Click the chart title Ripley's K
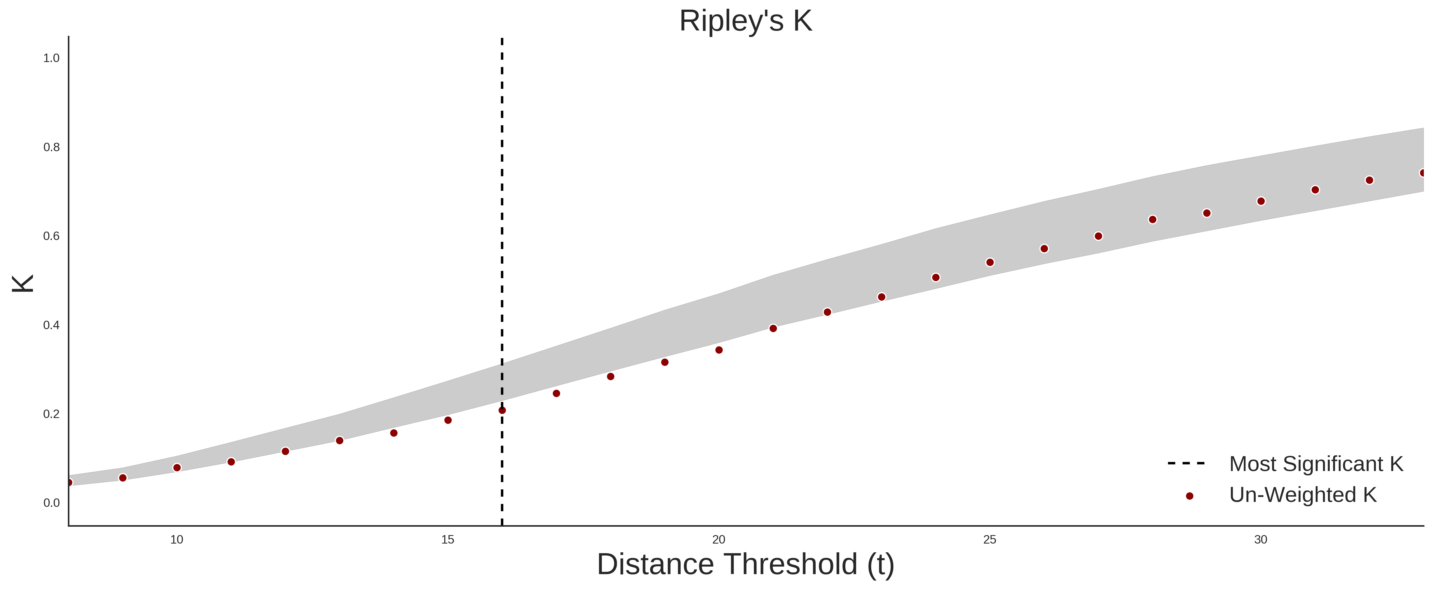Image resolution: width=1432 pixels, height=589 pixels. pyautogui.click(x=745, y=21)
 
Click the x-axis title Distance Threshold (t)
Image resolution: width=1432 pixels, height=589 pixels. pyautogui.click(x=745, y=565)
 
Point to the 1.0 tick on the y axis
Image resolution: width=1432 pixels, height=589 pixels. pyautogui.click(x=51, y=58)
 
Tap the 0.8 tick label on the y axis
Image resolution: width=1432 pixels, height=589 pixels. pyautogui.click(x=51, y=147)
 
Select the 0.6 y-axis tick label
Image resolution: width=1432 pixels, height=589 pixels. pyautogui.click(x=51, y=236)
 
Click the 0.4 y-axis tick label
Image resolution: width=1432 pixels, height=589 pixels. pyautogui.click(x=51, y=325)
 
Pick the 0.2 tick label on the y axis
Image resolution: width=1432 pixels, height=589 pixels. pyautogui.click(x=51, y=414)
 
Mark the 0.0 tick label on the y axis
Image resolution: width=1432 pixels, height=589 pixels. pyautogui.click(x=51, y=503)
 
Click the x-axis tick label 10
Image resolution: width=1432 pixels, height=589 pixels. pyautogui.click(x=177, y=539)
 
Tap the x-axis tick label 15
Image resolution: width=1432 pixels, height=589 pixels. pyautogui.click(x=448, y=539)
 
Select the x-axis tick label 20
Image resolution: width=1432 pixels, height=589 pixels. pyautogui.click(x=719, y=539)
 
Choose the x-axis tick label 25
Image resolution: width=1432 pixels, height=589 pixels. pyautogui.click(x=990, y=539)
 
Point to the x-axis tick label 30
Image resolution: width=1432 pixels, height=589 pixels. pyautogui.click(x=1261, y=539)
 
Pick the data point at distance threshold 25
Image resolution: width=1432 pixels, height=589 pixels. pyautogui.click(x=990, y=262)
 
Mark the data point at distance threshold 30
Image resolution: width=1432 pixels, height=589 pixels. pyautogui.click(x=1261, y=201)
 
